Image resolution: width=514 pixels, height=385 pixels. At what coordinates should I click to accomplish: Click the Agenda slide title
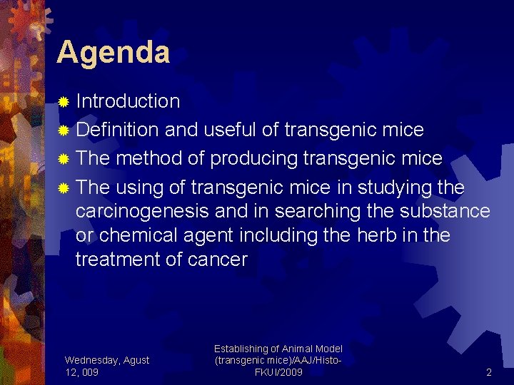(x=113, y=53)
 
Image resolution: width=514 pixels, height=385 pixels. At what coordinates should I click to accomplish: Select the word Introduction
(x=128, y=101)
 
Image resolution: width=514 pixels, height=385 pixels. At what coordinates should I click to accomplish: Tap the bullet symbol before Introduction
(x=63, y=103)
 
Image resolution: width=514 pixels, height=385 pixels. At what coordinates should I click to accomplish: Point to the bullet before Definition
(x=63, y=131)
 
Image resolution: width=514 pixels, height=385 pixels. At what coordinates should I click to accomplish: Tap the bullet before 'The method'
(x=63, y=160)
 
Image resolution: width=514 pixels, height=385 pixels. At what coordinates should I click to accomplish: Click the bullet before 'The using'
(x=63, y=189)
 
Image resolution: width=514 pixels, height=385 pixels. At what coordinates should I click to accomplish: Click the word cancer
(x=218, y=260)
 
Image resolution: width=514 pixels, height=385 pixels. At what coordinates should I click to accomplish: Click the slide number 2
(x=489, y=372)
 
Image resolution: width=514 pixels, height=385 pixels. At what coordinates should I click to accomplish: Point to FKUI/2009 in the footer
(x=278, y=372)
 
